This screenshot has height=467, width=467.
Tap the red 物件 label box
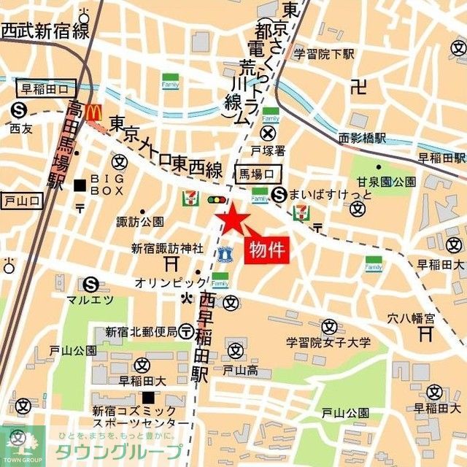(x=266, y=250)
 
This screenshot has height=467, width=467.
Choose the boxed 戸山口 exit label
(x=22, y=200)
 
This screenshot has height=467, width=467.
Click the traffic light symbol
(x=217, y=199)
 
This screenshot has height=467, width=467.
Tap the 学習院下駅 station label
(x=323, y=54)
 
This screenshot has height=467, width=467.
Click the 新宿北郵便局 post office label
(x=141, y=332)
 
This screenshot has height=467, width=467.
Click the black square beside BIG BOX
(x=80, y=185)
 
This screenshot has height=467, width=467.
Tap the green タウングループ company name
(x=128, y=451)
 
